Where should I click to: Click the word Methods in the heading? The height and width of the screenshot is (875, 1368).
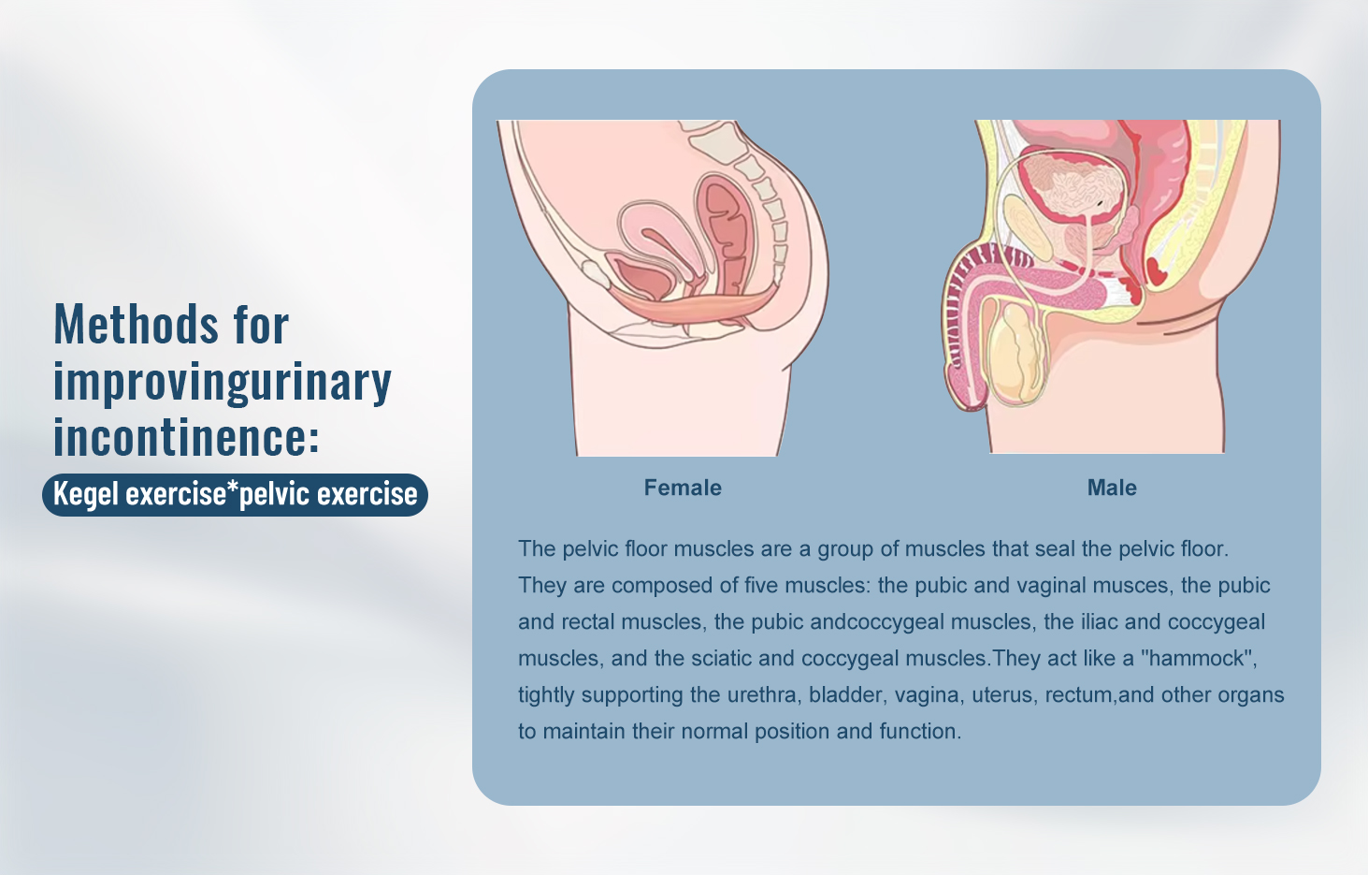click(136, 325)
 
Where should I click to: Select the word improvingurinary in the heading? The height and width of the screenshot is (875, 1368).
click(223, 382)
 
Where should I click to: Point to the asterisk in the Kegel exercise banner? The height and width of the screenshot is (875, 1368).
click(233, 489)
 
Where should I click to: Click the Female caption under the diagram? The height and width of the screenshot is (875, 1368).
click(683, 488)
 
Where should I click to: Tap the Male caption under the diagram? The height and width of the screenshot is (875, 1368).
click(1112, 488)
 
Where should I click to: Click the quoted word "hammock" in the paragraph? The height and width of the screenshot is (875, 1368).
click(1198, 658)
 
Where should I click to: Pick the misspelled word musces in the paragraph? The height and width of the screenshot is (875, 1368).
click(1133, 586)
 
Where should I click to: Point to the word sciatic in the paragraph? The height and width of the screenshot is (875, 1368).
click(721, 658)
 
